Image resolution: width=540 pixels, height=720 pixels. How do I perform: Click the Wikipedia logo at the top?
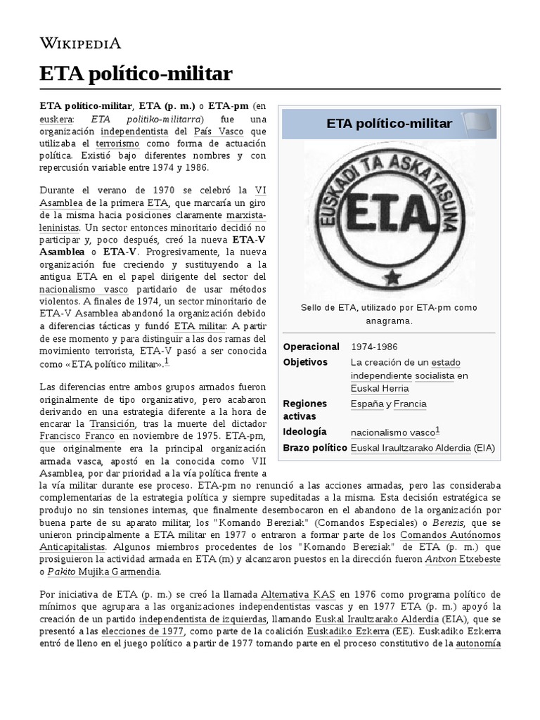tap(81, 44)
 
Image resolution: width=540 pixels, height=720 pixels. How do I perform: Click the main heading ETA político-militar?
tap(136, 73)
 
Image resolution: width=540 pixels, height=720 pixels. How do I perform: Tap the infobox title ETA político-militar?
tap(389, 124)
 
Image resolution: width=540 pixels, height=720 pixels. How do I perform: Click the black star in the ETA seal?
tap(389, 271)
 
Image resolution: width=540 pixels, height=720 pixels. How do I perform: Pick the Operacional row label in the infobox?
tap(311, 347)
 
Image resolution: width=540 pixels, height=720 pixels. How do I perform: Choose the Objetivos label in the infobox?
tap(305, 362)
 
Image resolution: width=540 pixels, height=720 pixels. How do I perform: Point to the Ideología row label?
tap(304, 432)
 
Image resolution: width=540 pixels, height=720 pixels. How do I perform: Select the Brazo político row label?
tap(314, 447)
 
